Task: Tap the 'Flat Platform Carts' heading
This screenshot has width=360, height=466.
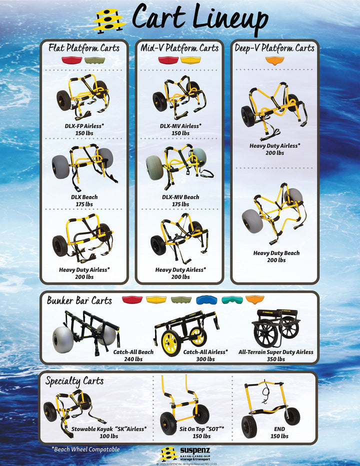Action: (84, 48)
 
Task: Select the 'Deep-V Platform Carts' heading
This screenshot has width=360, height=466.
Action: (274, 48)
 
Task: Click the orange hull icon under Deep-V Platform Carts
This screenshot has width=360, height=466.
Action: (274, 60)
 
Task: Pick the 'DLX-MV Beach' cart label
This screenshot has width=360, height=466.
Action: (180, 197)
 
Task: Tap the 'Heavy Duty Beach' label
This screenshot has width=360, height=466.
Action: (276, 253)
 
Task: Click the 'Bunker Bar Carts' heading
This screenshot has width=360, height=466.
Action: (79, 301)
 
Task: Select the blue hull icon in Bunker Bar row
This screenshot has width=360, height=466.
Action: (206, 300)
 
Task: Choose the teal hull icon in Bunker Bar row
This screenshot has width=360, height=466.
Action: (232, 300)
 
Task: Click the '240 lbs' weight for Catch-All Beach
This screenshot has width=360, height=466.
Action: (133, 359)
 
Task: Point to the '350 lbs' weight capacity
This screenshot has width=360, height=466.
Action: (276, 359)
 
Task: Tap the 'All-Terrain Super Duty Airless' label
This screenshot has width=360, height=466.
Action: (276, 352)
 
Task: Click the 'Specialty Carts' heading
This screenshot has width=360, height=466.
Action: (74, 381)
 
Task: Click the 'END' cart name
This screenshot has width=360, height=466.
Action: (279, 429)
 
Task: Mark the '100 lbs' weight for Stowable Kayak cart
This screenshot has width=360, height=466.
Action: (109, 436)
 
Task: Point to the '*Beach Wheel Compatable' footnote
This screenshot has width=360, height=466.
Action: (85, 449)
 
